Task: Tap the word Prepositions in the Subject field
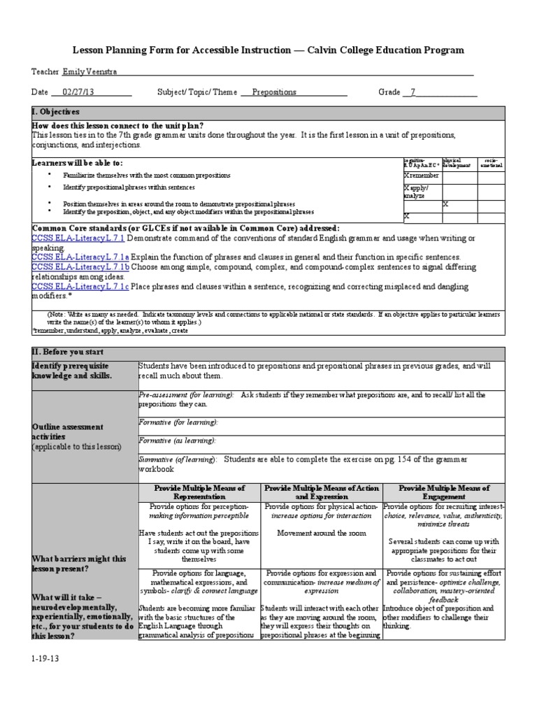[x=273, y=92]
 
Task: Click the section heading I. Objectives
[x=56, y=112]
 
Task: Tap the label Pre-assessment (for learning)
[x=187, y=395]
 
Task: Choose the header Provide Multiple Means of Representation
[x=199, y=492]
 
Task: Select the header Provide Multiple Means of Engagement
[x=443, y=492]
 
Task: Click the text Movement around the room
[x=322, y=533]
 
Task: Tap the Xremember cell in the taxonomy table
[x=422, y=176]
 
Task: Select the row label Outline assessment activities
[x=68, y=431]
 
